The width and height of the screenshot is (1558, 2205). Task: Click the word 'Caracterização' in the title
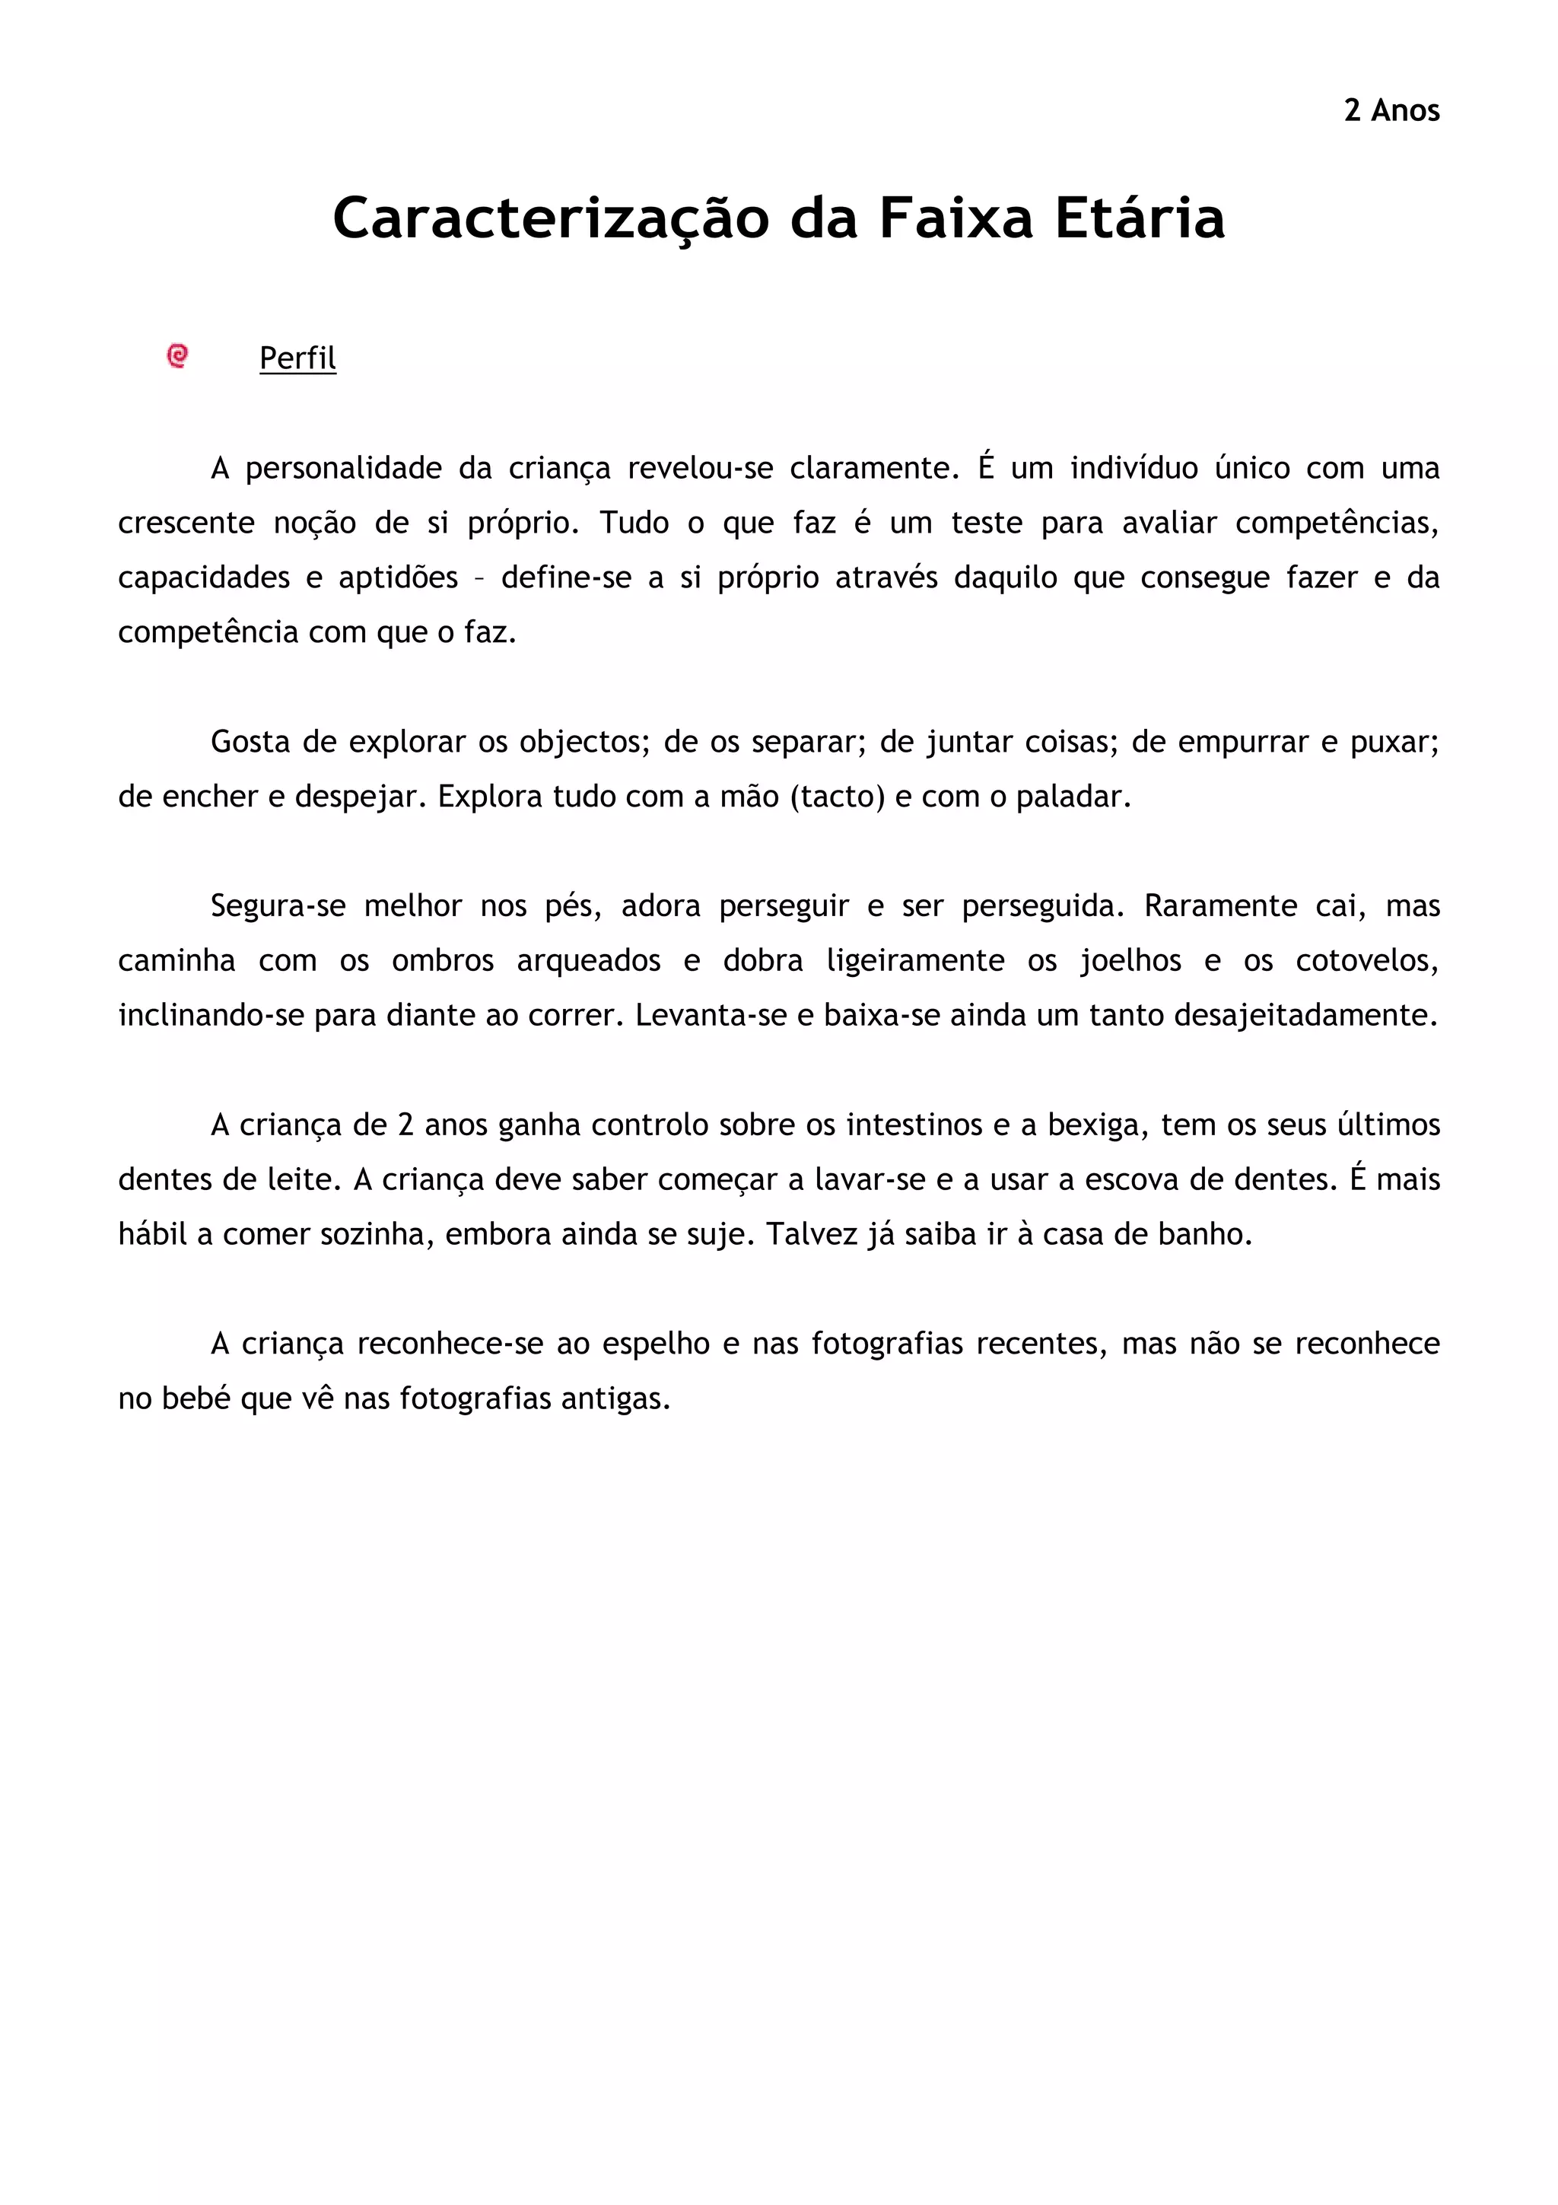[550, 219]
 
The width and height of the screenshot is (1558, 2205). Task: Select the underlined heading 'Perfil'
[297, 358]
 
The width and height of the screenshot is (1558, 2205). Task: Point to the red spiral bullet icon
[177, 356]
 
